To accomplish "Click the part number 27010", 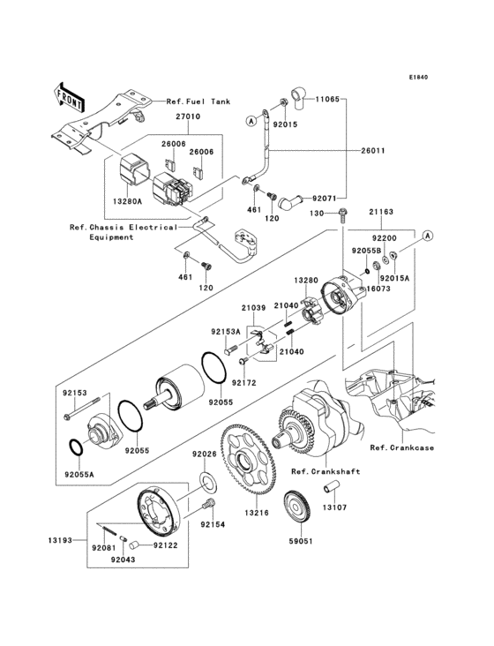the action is point(188,116).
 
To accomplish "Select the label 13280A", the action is point(128,201).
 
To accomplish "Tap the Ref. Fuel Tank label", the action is point(198,101).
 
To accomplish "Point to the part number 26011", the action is point(372,150).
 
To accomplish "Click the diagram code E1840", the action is point(418,77).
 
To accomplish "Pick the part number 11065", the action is point(327,99).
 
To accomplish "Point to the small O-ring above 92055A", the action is point(76,447).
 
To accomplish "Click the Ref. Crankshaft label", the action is point(326,471).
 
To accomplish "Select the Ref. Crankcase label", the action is point(401,447).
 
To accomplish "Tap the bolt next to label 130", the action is point(341,216).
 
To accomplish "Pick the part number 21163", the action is point(381,212).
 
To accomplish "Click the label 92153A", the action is point(226,331).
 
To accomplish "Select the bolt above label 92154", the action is point(209,504).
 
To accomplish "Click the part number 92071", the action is point(324,199).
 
